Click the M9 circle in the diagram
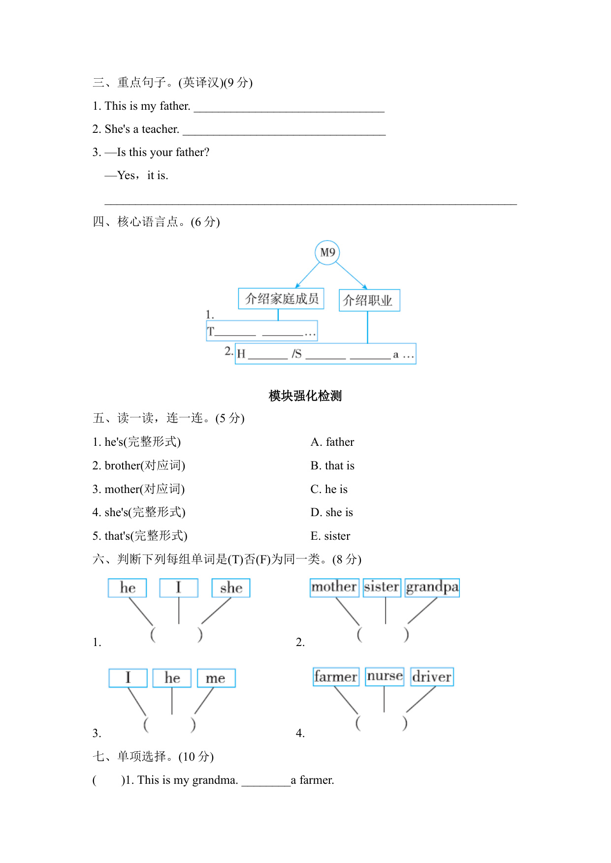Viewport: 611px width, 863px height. click(327, 252)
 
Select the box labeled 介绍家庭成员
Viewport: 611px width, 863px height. click(281, 299)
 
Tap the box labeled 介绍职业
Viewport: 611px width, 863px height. click(369, 300)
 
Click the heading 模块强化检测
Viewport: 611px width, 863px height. click(305, 396)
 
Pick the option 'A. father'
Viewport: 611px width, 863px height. click(332, 442)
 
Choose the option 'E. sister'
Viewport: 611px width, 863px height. click(330, 536)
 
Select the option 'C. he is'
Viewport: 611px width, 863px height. click(329, 489)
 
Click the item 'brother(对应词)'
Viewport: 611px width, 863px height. click(139, 465)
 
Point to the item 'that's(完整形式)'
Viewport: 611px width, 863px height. click(140, 536)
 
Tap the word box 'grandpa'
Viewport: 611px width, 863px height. click(432, 587)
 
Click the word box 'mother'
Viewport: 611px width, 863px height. click(334, 587)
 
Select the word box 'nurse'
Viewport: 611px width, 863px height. click(385, 677)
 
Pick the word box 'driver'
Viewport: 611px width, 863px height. click(432, 677)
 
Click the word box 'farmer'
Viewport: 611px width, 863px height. click(336, 677)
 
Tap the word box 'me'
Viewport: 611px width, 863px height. click(216, 678)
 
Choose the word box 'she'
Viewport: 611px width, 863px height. click(231, 588)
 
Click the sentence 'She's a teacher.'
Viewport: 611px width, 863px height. click(136, 129)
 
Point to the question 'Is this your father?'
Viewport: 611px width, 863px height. click(162, 152)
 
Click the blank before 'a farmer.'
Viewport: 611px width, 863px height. click(266, 781)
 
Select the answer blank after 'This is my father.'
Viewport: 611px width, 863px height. click(289, 107)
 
